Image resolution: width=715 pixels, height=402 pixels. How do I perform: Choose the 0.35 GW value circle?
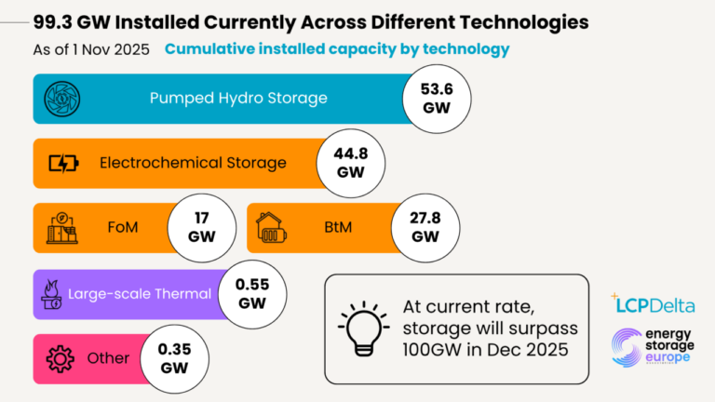[173, 358]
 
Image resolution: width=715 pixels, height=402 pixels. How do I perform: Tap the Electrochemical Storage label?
[193, 164]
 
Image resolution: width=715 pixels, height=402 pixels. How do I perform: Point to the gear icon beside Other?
[60, 358]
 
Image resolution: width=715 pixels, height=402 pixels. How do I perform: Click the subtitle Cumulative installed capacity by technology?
[337, 48]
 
